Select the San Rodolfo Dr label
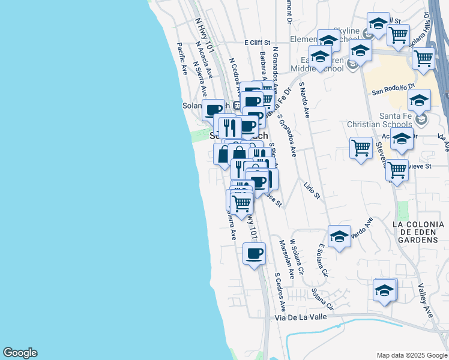pos(394,92)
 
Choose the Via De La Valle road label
pos(303,317)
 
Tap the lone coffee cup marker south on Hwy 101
pos(254,253)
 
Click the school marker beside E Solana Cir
pos(339,236)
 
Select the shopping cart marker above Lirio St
pos(361,148)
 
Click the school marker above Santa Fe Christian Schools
pos(419,100)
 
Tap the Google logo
pos(20,353)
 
